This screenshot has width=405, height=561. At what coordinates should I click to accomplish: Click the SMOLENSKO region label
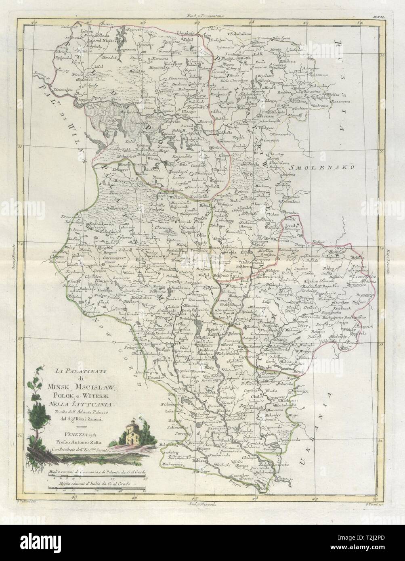point(334,167)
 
